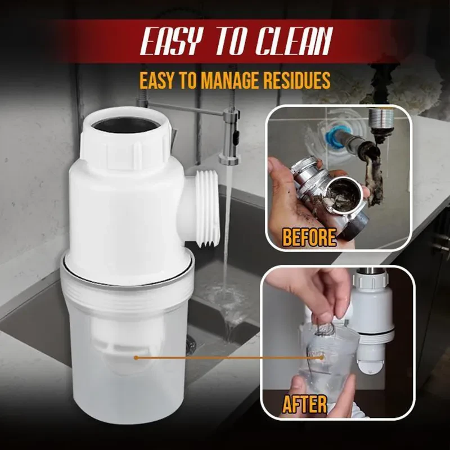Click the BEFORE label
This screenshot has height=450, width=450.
(x=309, y=237)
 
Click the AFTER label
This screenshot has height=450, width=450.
(x=305, y=403)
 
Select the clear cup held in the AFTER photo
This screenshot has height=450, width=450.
(x=323, y=360)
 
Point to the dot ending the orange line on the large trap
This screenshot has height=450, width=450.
(x=136, y=357)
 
